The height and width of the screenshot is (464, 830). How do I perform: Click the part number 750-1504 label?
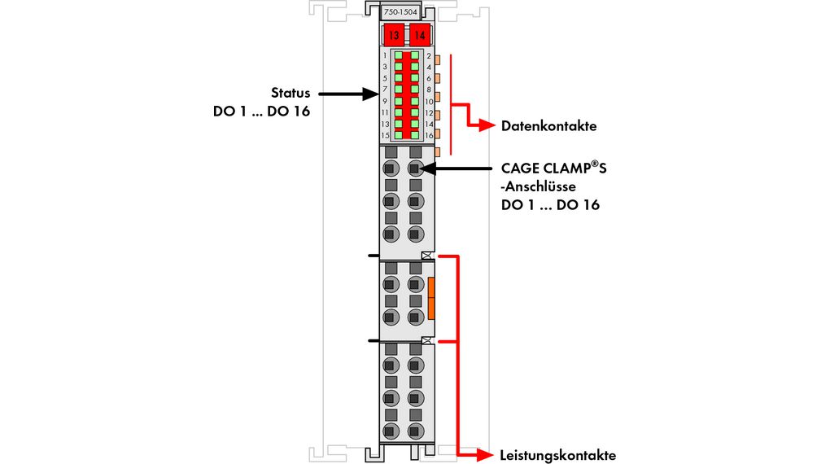tap(400, 14)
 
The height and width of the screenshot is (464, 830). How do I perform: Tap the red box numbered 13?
tap(394, 36)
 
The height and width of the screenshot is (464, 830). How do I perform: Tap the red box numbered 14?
tap(420, 36)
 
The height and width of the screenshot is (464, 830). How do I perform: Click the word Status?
tap(290, 92)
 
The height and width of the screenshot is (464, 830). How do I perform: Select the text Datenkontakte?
tap(548, 126)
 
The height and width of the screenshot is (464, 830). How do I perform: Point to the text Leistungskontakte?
tap(557, 455)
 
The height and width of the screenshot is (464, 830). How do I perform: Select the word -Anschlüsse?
tap(538, 187)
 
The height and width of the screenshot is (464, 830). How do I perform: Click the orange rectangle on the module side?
tap(431, 297)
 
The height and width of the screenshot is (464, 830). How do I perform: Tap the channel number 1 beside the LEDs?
tap(384, 55)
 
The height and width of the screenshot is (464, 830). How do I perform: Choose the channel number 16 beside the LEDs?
tap(428, 134)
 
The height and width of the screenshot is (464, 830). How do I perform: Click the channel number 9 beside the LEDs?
tap(384, 101)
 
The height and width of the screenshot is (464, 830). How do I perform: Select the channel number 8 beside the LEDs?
tap(428, 90)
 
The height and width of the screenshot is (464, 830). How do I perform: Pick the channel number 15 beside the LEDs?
tap(384, 134)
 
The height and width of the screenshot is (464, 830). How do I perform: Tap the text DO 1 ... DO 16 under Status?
tap(256, 112)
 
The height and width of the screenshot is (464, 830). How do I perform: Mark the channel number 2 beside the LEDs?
tap(428, 55)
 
